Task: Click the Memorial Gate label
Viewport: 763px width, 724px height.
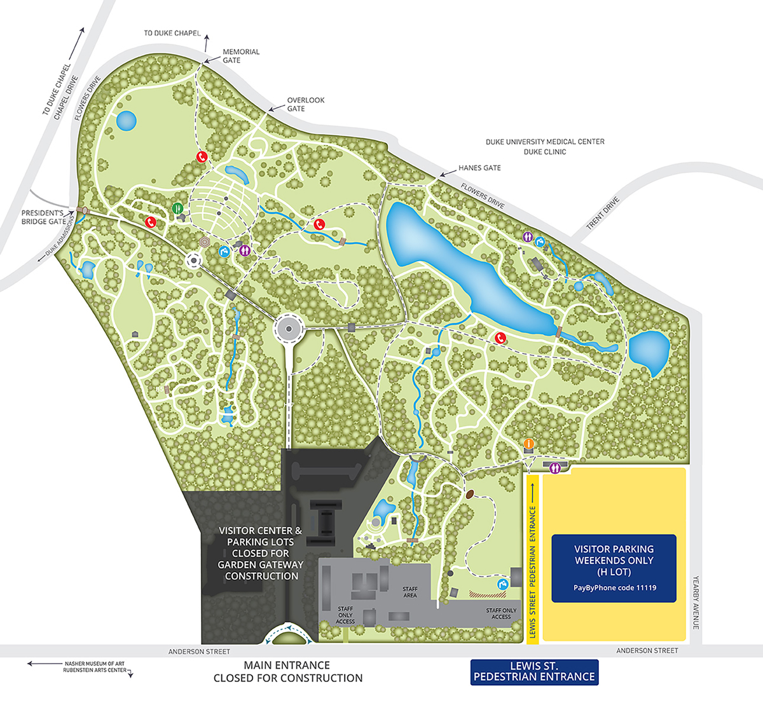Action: click(240, 56)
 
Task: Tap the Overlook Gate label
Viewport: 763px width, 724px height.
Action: click(305, 104)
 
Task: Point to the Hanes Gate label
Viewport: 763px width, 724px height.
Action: click(479, 168)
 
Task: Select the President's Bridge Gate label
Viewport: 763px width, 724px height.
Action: click(43, 217)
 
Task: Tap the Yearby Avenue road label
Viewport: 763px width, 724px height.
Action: click(696, 603)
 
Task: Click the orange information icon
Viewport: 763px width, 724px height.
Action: click(528, 443)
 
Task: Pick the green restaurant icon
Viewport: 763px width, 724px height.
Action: click(177, 207)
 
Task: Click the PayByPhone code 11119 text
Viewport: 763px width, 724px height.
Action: click(614, 588)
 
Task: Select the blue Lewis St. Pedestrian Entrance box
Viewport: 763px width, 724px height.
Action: click(534, 672)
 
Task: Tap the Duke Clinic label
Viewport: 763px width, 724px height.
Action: click(544, 152)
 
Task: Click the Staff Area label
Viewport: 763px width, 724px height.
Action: click(410, 592)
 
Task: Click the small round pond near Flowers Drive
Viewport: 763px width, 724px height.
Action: click(126, 120)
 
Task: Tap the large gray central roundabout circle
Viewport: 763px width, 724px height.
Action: click(288, 329)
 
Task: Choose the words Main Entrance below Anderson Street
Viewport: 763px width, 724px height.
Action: click(287, 665)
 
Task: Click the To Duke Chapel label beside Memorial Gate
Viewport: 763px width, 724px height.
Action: click(172, 33)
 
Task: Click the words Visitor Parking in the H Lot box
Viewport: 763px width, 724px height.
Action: click(614, 549)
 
